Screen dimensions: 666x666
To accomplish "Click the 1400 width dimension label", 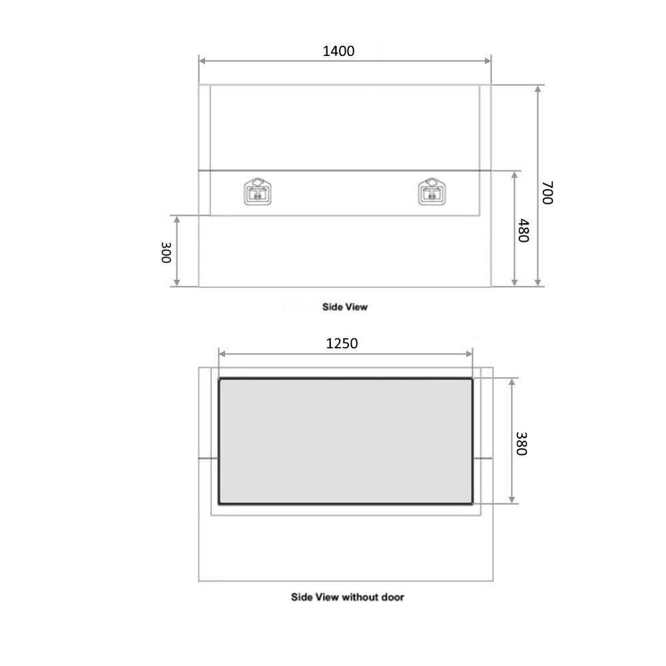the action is coord(338,51).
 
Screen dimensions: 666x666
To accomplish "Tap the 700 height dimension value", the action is coord(547,192).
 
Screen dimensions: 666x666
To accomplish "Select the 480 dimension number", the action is coord(523,230).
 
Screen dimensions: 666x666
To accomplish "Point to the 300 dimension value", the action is coord(166,252).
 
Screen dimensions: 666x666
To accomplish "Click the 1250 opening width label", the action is coord(342,343).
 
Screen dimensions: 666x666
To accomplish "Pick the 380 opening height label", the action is coord(521,444).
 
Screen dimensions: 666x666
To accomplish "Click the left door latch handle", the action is coord(258,192).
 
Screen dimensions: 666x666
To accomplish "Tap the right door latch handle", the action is coord(432,192).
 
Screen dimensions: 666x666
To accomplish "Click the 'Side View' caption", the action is coord(345,306).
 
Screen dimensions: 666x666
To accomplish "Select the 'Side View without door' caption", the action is coord(348,597).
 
